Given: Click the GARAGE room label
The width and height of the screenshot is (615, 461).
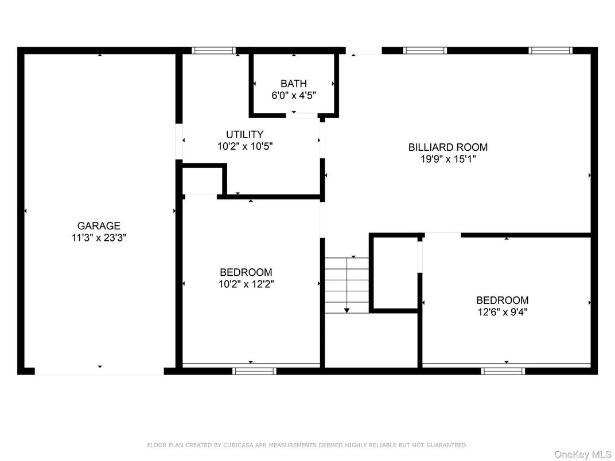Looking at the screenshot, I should tap(99, 226).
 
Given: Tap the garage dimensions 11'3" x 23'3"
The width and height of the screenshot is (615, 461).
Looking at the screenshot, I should tap(99, 238).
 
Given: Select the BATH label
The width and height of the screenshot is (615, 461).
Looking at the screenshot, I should tap(293, 84).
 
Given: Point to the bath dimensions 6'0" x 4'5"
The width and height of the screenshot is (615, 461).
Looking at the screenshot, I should tap(293, 96).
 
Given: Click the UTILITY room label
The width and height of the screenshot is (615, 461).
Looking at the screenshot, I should tap(244, 135).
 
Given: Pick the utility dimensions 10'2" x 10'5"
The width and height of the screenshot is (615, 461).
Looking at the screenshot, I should tap(244, 147).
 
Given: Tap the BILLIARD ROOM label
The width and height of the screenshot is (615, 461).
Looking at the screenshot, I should tap(447, 147).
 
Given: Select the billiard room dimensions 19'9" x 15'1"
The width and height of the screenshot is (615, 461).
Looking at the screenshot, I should tap(447, 159).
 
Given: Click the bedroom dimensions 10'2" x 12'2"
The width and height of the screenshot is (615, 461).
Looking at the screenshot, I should tap(246, 284).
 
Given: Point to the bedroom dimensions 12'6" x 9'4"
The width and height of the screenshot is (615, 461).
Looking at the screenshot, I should tap(502, 312).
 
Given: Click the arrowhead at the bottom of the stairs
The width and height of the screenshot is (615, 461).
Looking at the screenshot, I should tap(347, 310).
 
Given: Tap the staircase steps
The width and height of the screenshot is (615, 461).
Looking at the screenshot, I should tap(347, 284).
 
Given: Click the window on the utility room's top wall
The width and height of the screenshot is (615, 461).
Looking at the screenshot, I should tap(213, 50).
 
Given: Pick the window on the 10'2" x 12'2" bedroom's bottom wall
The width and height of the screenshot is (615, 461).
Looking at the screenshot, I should tap(254, 371).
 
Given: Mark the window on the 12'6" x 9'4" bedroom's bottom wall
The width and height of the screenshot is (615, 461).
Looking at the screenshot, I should tap(503, 371).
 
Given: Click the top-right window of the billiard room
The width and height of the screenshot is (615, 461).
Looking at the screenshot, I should tap(550, 50).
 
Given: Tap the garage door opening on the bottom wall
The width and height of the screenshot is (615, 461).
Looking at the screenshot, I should tap(99, 372).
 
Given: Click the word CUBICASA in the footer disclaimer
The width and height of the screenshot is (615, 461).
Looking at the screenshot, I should tap(238, 445).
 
